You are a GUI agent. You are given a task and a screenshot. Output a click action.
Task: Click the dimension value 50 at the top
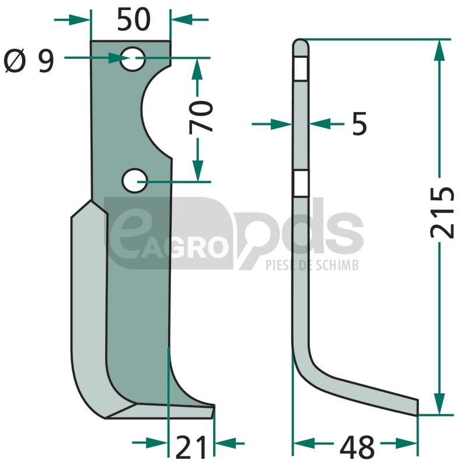(x=134, y=19)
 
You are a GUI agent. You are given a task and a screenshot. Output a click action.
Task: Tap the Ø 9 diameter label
(x=29, y=61)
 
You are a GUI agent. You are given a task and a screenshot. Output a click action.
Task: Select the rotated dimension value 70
(x=201, y=117)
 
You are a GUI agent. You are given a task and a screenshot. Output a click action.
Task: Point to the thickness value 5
(x=360, y=124)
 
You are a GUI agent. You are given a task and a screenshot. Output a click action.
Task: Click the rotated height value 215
(x=442, y=212)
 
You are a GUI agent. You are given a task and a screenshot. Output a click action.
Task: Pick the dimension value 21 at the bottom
(x=191, y=447)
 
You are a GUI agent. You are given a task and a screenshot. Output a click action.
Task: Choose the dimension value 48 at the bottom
(x=357, y=447)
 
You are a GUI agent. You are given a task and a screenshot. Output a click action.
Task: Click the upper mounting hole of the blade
(x=133, y=59)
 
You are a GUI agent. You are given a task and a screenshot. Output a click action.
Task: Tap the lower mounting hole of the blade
(x=135, y=181)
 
